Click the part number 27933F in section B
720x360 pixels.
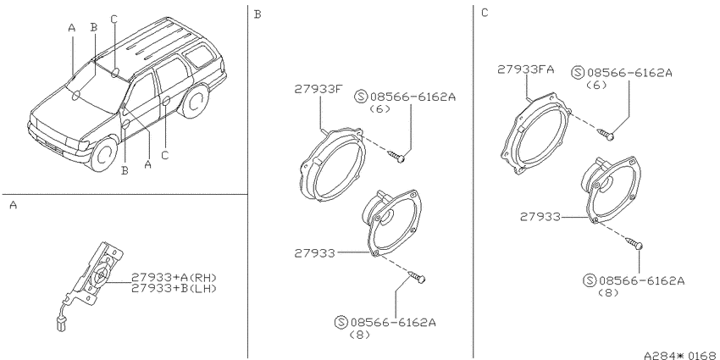tap(318, 89)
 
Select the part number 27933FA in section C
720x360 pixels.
tap(526, 69)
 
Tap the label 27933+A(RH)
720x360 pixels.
tap(174, 277)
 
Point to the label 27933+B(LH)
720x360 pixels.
tap(174, 288)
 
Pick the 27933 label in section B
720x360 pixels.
tap(314, 253)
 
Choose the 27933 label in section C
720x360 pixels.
tap(540, 217)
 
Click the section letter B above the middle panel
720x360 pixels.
tap(258, 14)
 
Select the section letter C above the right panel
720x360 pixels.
tap(485, 13)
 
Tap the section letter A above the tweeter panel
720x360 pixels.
tap(14, 205)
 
